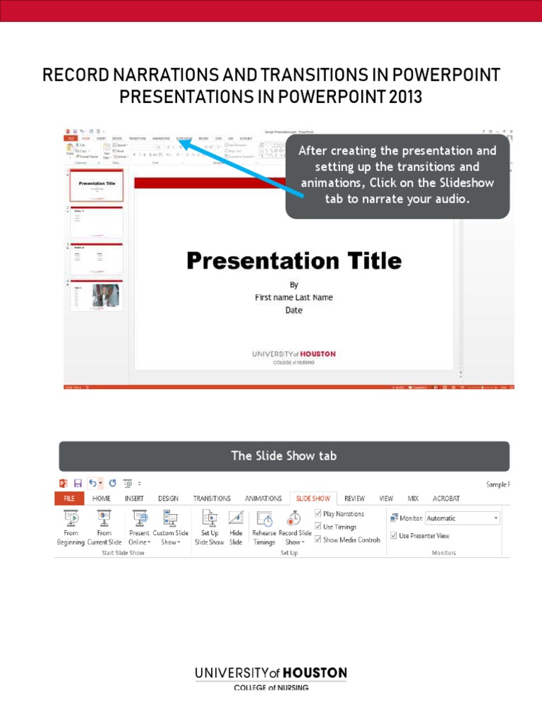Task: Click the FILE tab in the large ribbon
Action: pyautogui.click(x=69, y=498)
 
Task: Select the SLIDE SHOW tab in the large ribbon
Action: pyautogui.click(x=313, y=498)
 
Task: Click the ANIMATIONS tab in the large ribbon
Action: pyautogui.click(x=263, y=498)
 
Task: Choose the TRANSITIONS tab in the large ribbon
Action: pyautogui.click(x=212, y=498)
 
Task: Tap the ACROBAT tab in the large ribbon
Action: pyautogui.click(x=445, y=498)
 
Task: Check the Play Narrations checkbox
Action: pyautogui.click(x=318, y=514)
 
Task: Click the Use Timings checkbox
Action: pyautogui.click(x=318, y=527)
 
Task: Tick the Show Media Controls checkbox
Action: pyautogui.click(x=318, y=539)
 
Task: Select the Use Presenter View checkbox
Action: pyautogui.click(x=394, y=536)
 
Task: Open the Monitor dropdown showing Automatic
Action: pyautogui.click(x=462, y=518)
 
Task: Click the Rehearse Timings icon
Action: pyautogui.click(x=264, y=519)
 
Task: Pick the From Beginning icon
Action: pyautogui.click(x=71, y=519)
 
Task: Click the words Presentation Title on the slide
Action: pyautogui.click(x=294, y=261)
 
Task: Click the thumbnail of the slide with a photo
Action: pyautogui.click(x=97, y=295)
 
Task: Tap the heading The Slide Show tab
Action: pyautogui.click(x=284, y=456)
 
